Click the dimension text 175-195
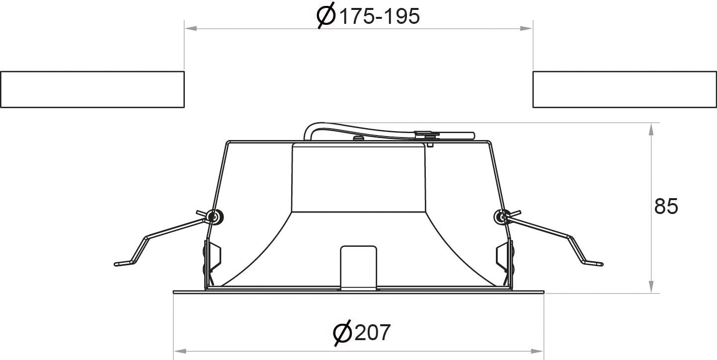[x=379, y=16]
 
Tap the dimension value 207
[x=373, y=333]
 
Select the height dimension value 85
[x=666, y=207]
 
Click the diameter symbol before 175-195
[x=326, y=15]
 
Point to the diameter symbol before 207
[x=342, y=333]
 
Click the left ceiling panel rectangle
[x=92, y=89]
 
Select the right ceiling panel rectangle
[x=625, y=89]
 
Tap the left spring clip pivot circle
[x=214, y=217]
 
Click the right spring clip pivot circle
[x=502, y=217]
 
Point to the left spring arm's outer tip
[x=116, y=264]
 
